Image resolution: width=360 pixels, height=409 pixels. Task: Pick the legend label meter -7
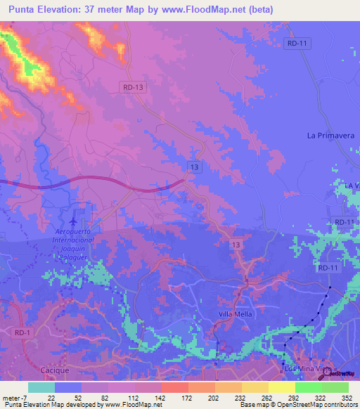coord(15,397)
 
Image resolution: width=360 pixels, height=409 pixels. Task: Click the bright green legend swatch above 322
coord(308,387)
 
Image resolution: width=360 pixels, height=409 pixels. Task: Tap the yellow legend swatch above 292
coord(281,387)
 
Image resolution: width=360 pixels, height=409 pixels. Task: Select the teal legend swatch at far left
coord(41,387)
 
